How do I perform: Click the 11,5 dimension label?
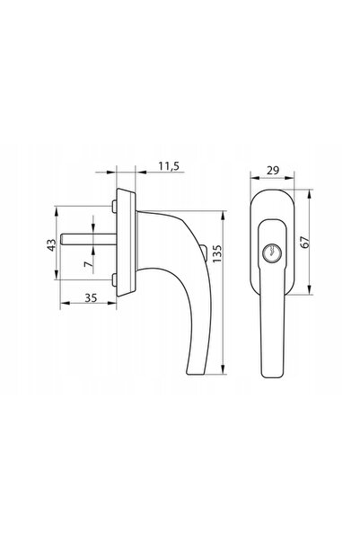point(169,166)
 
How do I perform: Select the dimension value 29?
point(273,171)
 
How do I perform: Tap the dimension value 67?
point(305,242)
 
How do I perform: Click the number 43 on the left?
point(51,245)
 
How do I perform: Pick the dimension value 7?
point(89,264)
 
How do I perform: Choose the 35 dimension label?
point(91,297)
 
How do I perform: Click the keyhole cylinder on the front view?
point(271,253)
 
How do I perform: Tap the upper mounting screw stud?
point(114,206)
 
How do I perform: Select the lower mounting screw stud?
point(114,279)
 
